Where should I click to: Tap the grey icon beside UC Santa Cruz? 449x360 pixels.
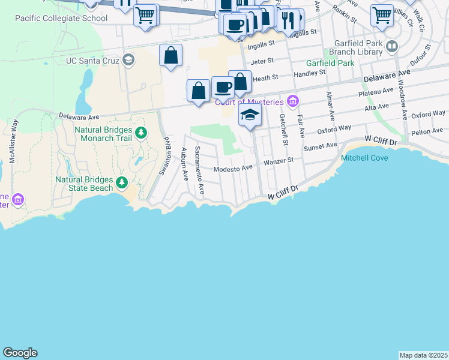(x=128, y=59)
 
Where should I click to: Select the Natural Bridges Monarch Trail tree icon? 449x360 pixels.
(x=141, y=133)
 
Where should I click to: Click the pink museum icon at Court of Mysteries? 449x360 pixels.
(x=292, y=101)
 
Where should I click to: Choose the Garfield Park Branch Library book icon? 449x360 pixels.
(x=392, y=46)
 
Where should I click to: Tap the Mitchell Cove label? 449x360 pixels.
(x=364, y=158)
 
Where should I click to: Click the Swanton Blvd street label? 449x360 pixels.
(x=163, y=155)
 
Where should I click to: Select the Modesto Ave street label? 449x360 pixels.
(x=233, y=169)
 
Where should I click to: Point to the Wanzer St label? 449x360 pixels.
(x=279, y=160)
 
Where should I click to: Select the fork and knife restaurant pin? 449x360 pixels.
(x=288, y=19)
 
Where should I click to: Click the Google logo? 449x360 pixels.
(x=20, y=353)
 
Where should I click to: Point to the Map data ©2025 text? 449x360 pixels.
(x=424, y=355)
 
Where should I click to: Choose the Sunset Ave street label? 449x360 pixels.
(x=320, y=146)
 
